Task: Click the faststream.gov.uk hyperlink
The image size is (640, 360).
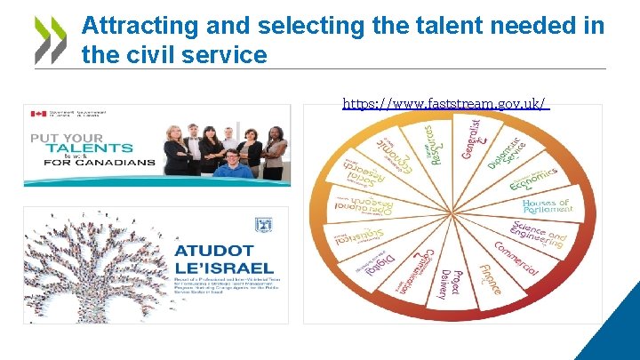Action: (x=445, y=104)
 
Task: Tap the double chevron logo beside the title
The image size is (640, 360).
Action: (x=50, y=41)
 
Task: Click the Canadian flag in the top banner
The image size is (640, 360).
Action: (x=37, y=114)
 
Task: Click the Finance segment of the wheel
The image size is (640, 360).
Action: (x=489, y=276)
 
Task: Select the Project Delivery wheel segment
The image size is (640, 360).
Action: (x=456, y=284)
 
